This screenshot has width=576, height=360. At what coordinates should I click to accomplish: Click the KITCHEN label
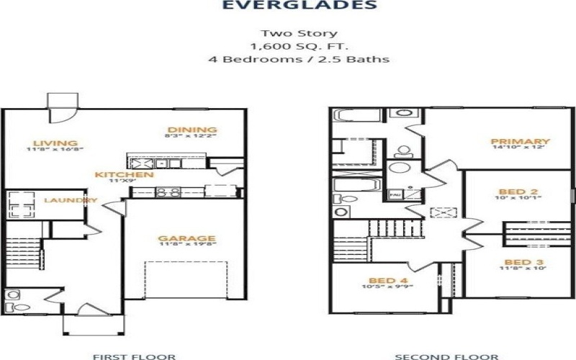[125, 175]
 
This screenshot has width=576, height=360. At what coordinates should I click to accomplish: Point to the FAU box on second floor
[395, 194]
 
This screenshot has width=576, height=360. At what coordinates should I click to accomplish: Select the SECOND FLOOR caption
[446, 356]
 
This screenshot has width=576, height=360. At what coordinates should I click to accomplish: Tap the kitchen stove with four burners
[168, 192]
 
